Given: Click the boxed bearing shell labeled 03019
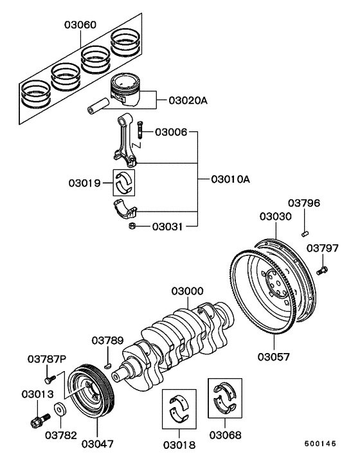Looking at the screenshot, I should click(x=125, y=181).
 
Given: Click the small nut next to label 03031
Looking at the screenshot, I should click(x=131, y=226).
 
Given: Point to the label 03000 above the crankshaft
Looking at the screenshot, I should click(x=187, y=291).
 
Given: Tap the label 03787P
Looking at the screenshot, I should click(x=46, y=358).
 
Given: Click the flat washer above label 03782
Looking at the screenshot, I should click(x=60, y=409).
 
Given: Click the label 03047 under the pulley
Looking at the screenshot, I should click(x=98, y=444).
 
